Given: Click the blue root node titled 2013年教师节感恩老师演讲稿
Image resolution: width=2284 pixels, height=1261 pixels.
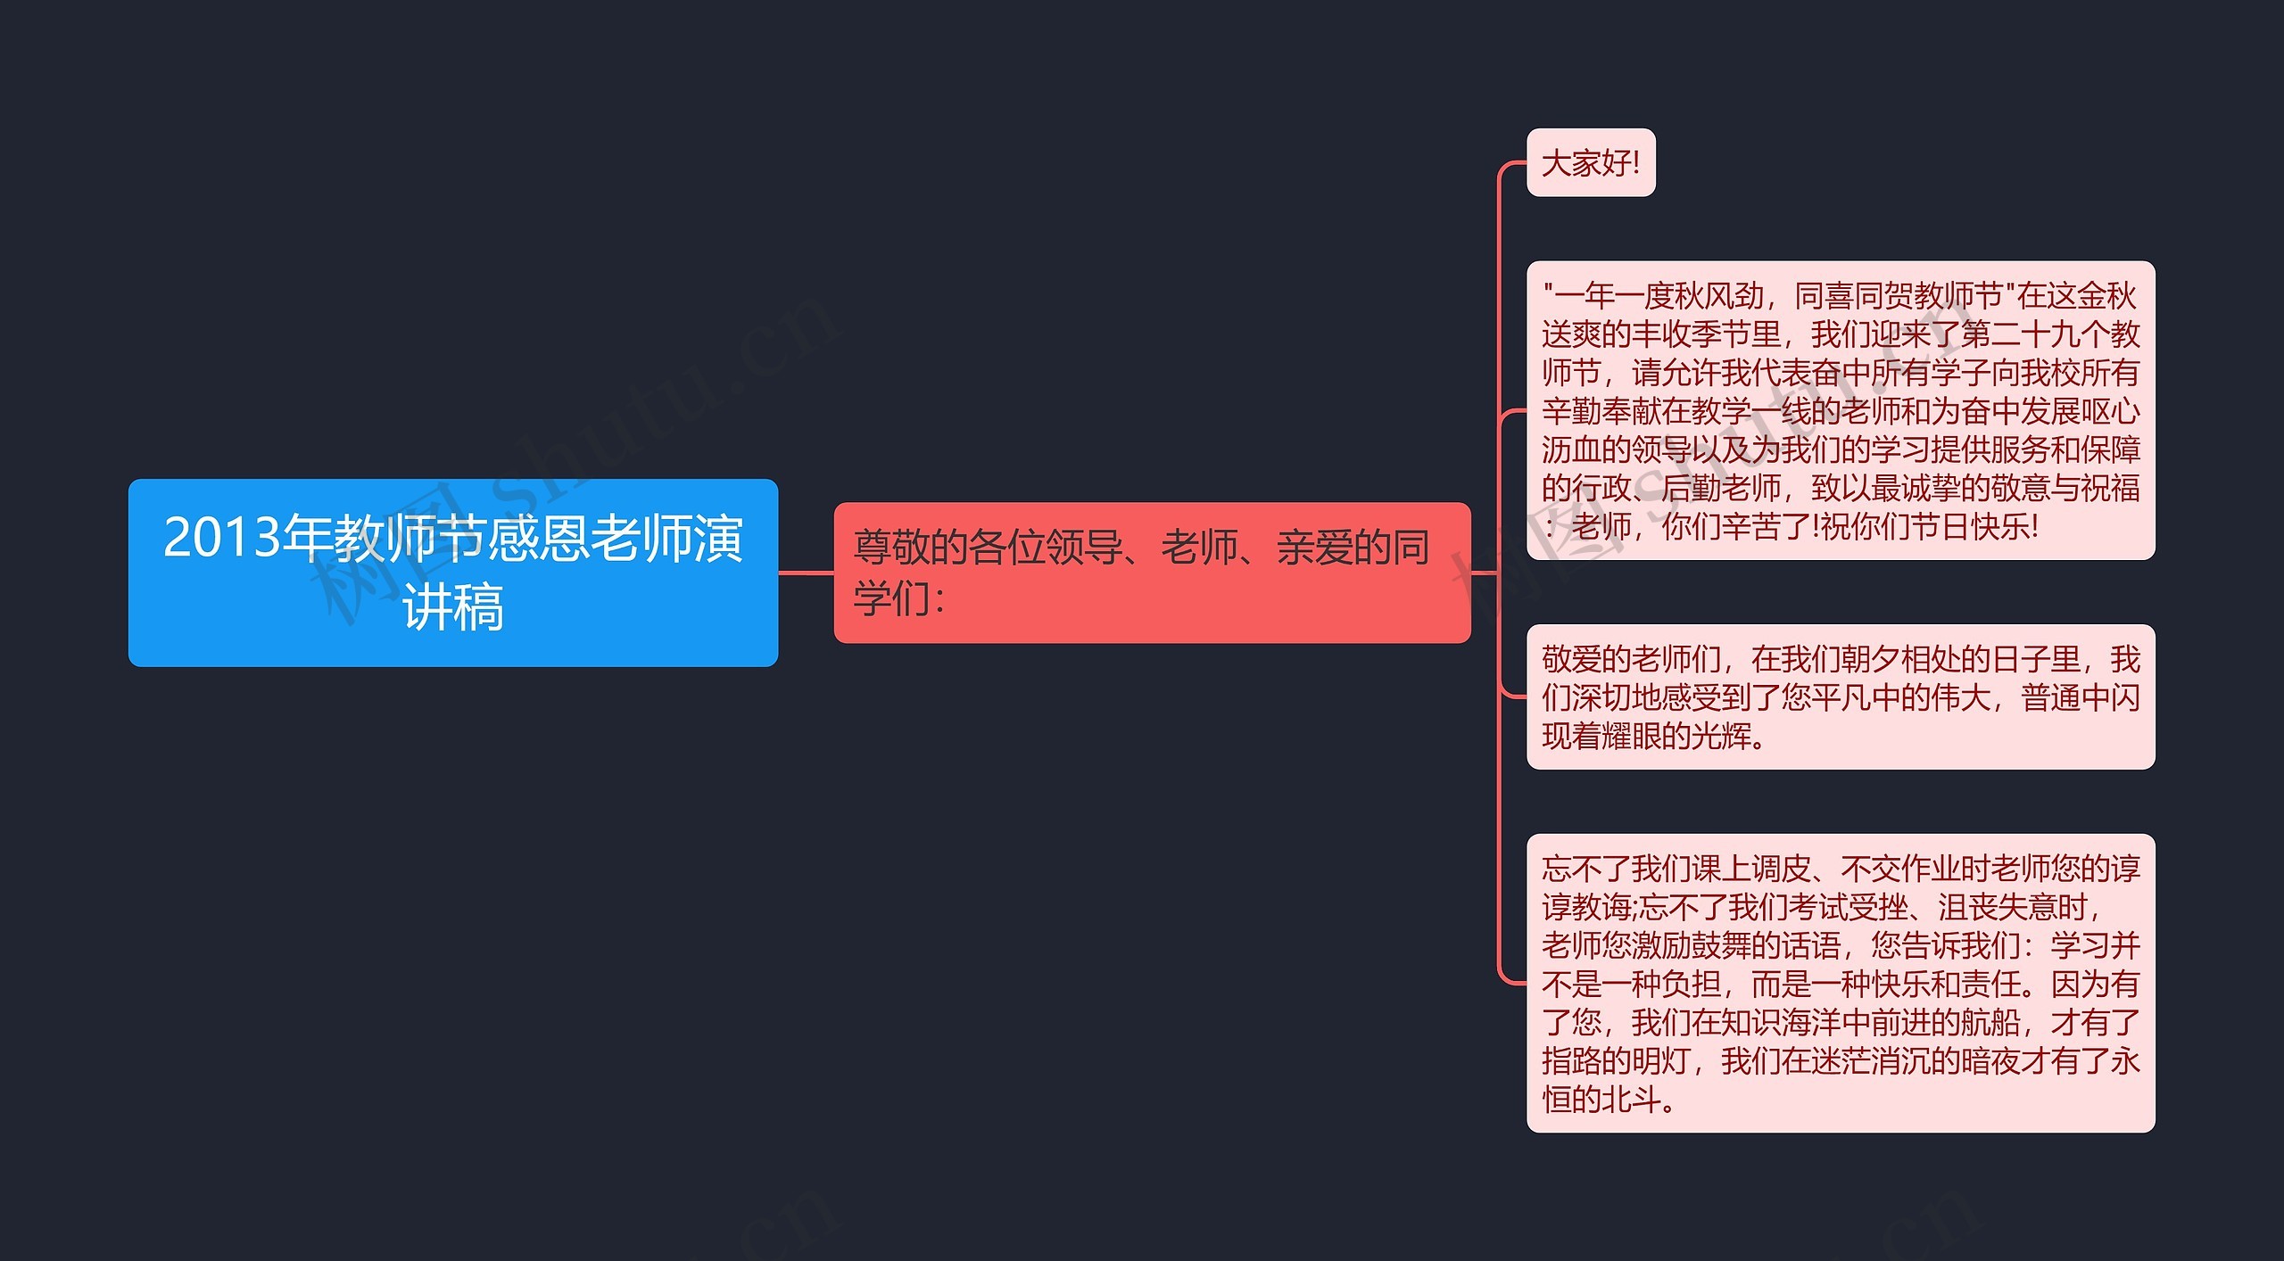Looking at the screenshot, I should click(452, 573).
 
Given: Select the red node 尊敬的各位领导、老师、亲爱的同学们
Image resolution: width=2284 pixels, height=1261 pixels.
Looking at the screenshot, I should click(1151, 573).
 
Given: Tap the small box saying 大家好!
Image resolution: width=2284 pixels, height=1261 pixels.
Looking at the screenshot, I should click(1590, 163).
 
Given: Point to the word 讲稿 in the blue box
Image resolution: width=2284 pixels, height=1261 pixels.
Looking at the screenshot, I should click(452, 608).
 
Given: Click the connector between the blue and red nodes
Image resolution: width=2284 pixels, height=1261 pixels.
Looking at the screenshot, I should click(806, 573).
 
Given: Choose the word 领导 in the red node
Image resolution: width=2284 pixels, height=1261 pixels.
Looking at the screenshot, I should click(1083, 548).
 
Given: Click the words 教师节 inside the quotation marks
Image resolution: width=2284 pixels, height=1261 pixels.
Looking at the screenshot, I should click(1957, 296).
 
